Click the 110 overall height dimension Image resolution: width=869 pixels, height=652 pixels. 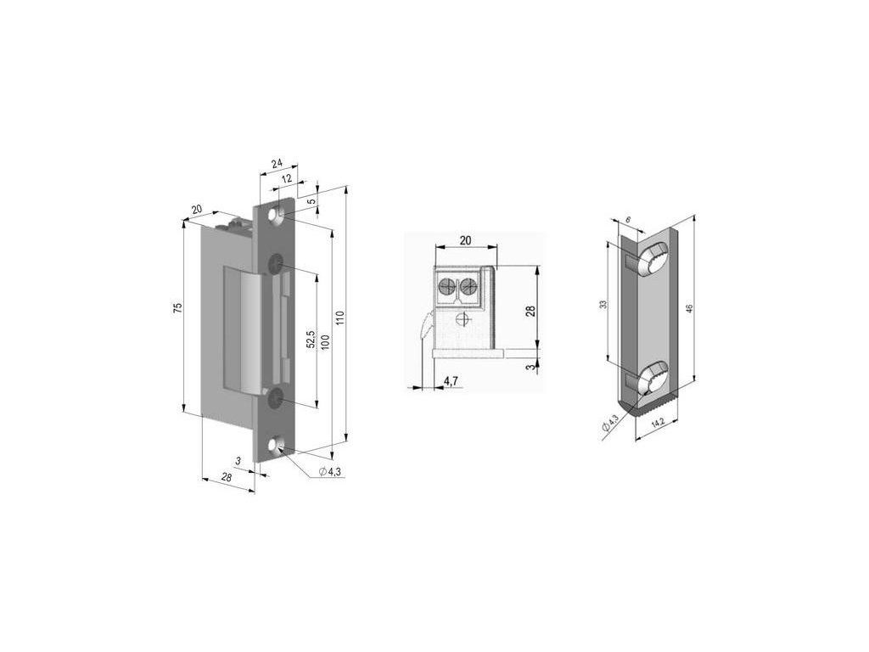pos(339,318)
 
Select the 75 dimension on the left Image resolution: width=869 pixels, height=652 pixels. pos(177,309)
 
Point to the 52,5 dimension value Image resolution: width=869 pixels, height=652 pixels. pos(311,339)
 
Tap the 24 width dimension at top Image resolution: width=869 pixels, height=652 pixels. pos(277,163)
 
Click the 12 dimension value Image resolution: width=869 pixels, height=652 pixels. pos(286,178)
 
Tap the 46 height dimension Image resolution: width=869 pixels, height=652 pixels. pos(689,309)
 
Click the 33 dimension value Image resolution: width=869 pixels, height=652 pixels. pos(603,304)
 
